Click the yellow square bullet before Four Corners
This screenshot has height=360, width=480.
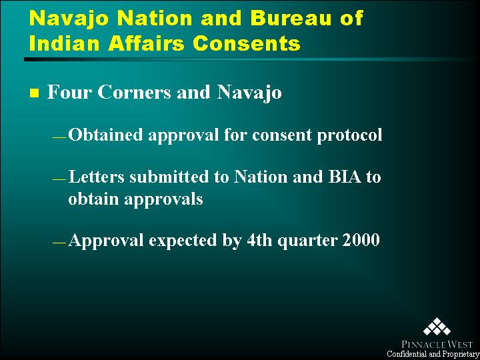pos(34,93)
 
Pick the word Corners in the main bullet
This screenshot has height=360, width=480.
pos(134,92)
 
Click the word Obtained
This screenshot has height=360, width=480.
pos(105,135)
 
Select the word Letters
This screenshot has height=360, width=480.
pos(96,177)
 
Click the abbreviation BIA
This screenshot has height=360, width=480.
pos(345,177)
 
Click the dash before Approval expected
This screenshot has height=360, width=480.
pos(59,243)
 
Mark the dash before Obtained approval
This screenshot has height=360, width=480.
pos(59,137)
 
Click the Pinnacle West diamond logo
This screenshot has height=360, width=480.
pos(437,327)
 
